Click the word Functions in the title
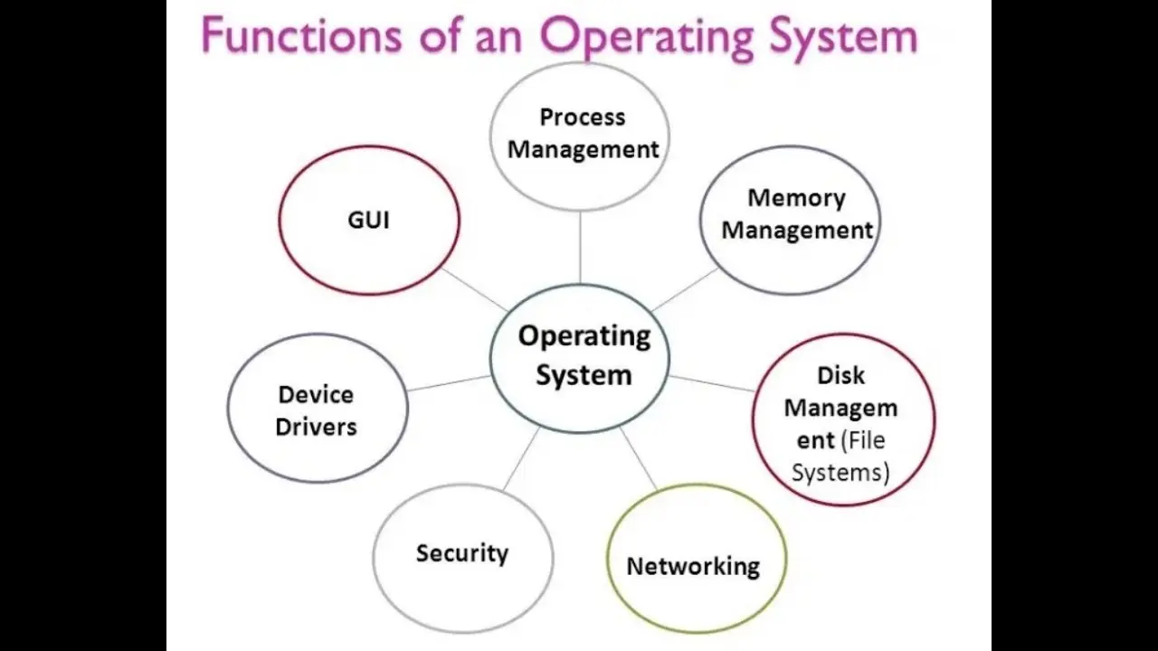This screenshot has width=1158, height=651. tap(302, 35)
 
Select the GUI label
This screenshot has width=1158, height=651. tap(368, 220)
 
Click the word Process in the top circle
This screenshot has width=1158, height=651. tap(583, 118)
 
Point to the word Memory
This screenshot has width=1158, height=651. tap(797, 198)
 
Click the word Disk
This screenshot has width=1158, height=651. tap(841, 375)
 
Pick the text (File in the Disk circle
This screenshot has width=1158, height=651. tap(863, 440)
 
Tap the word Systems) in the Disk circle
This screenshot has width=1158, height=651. tap(840, 473)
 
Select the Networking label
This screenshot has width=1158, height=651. tap(693, 567)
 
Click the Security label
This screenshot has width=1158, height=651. tap(462, 553)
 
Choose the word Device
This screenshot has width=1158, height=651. tap(316, 395)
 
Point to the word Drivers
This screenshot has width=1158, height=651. tap(316, 428)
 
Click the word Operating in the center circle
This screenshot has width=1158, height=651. tap(584, 337)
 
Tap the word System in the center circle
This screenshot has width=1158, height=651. tap(584, 375)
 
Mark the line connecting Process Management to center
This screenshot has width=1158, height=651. tap(580, 247)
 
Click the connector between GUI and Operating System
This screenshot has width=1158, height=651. tap(475, 289)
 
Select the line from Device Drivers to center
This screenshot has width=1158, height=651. tap(449, 383)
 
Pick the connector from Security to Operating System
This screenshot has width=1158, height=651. tap(522, 458)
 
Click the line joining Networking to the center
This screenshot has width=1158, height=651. tap(639, 458)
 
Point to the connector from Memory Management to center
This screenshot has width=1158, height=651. tap(685, 289)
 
